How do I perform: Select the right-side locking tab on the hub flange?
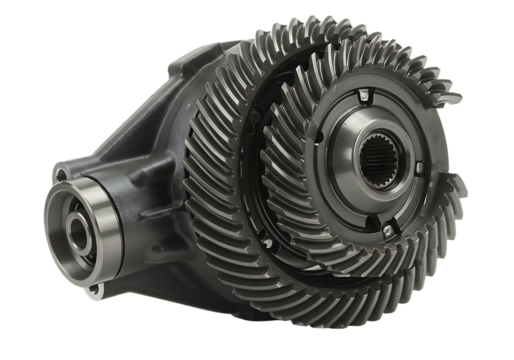(x=432, y=168)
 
